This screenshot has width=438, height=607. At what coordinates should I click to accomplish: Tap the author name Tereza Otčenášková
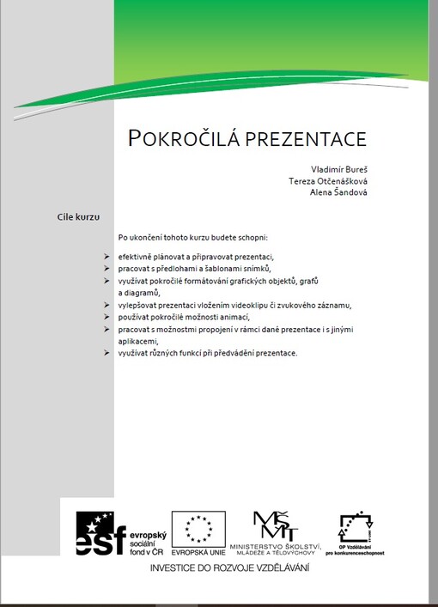point(328,181)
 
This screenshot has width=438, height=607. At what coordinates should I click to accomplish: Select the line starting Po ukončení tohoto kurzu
point(193,236)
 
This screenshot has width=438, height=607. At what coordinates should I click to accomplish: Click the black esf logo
point(101,532)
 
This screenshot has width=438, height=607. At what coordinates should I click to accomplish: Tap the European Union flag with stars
point(198,525)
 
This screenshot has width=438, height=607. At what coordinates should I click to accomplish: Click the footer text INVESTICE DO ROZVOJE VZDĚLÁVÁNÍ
point(229,568)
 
